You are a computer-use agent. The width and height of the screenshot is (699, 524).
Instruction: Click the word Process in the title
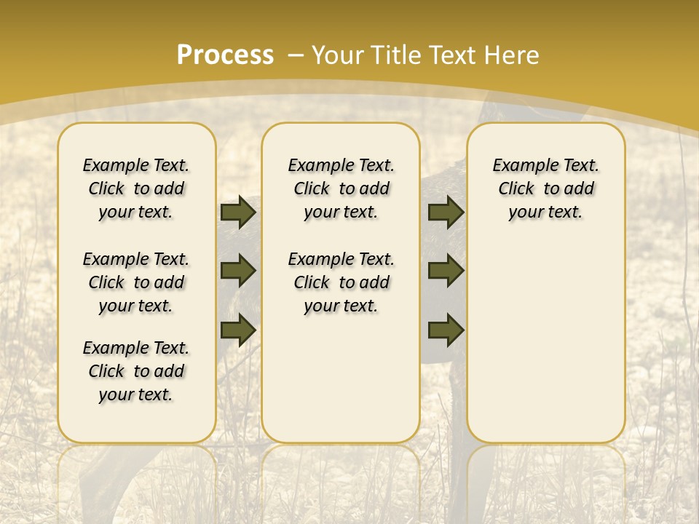225,55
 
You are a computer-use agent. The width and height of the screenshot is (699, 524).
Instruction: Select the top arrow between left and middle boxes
238,212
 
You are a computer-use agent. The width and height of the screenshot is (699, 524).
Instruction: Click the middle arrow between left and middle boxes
238,271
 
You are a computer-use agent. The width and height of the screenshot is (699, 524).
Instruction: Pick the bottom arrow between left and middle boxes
238,330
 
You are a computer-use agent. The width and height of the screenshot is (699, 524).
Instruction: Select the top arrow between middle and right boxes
446,212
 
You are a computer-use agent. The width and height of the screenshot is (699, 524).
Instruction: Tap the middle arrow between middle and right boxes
446,271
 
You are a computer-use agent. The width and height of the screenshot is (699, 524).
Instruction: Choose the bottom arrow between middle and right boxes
446,330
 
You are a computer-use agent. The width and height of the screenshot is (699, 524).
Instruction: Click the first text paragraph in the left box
136,188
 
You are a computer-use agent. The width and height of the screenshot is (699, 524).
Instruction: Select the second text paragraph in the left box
136,282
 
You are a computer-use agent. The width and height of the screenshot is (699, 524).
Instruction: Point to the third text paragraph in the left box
136,371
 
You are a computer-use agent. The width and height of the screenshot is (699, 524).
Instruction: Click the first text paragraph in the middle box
341,188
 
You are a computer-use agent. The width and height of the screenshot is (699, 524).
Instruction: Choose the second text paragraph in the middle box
341,282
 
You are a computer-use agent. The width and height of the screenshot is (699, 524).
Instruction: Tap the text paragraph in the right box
545,188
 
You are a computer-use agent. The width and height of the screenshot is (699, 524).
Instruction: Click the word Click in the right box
516,189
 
